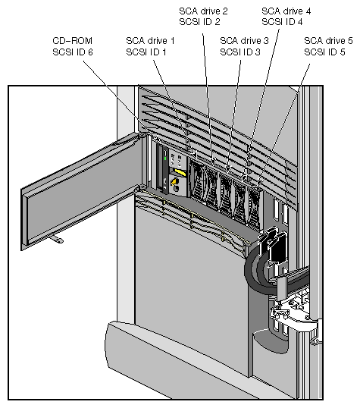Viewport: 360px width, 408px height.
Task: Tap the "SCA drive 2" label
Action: point(203,11)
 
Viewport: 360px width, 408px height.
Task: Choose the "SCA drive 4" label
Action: point(286,11)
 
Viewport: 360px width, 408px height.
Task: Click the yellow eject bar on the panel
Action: point(180,173)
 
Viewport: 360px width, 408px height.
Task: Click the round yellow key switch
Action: point(176,187)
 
